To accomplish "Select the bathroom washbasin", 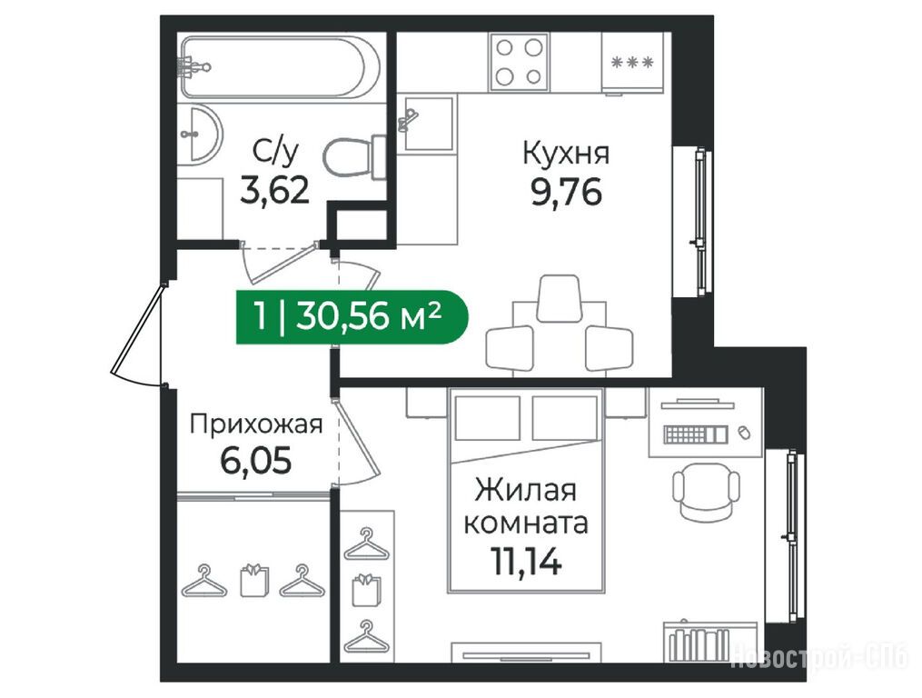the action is coord(200,134).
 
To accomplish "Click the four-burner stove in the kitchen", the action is coord(520,62).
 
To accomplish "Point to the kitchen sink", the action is coord(428,123).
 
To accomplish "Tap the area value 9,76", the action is coord(566,193).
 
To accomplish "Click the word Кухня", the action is coord(566,155).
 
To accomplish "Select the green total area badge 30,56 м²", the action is coord(352,318).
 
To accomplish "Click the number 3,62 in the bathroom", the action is coord(274,191).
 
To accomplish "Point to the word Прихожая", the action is coord(256,424).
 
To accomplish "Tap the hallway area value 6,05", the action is coord(256,461).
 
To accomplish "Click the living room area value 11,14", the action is coord(526,562).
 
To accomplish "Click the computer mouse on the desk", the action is coord(744,433).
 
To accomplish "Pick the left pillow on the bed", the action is coord(488,418).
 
